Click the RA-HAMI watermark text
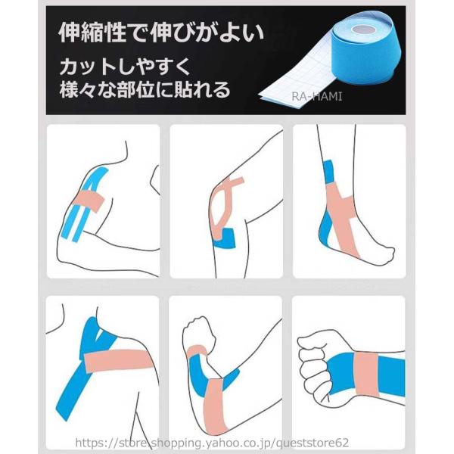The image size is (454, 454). pos(316,96)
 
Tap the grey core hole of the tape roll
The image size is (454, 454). pos(363,29)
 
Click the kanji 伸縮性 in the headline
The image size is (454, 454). pos(92,33)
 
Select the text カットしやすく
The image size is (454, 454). pos(125,67)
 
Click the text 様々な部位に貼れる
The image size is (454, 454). pos(145,89)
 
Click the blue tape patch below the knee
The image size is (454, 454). pos(225,238)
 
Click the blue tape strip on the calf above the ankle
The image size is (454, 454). pos(328,172)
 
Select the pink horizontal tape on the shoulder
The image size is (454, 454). pos(120,360)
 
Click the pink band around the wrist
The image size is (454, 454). pos(366,375)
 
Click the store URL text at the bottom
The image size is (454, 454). pos(212,443)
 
